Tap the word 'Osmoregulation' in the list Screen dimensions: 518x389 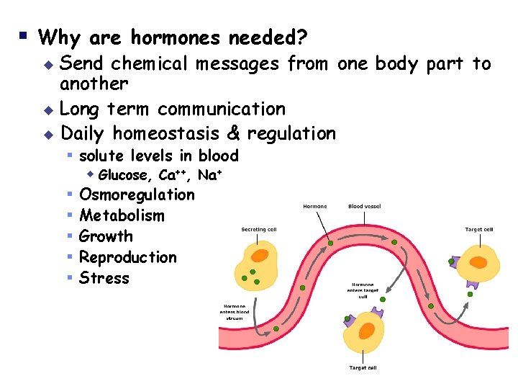point(137,194)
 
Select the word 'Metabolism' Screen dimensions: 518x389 point(122,215)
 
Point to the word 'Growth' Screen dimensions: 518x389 point(106,236)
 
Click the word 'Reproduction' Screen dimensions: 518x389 point(127,257)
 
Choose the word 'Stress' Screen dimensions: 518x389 point(104,278)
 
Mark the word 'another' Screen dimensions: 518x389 point(94,84)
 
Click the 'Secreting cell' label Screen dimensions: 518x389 point(259,230)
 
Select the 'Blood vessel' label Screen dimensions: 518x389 point(365,206)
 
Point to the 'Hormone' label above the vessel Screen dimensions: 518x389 point(315,206)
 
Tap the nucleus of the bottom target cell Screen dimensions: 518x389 point(367,331)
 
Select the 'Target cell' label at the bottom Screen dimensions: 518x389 point(363,368)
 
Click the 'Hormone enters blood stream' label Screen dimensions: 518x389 point(236,310)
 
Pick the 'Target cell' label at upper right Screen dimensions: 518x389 point(479,230)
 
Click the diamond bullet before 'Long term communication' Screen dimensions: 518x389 point(50,110)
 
